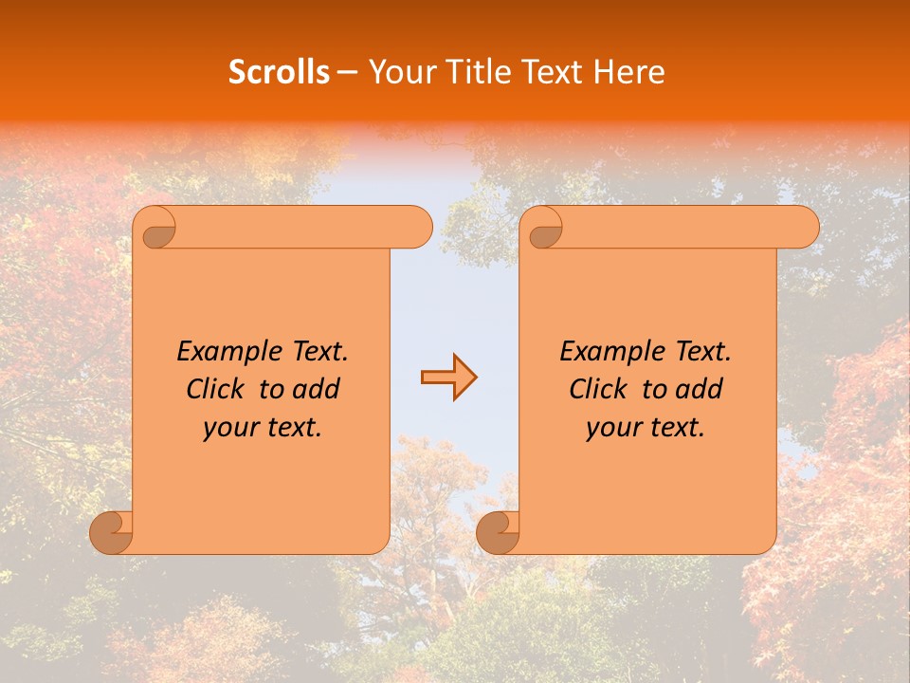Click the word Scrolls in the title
click(279, 72)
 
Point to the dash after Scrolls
click(347, 72)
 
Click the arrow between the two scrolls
click(448, 378)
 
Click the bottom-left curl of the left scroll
click(110, 533)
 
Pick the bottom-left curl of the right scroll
click(497, 533)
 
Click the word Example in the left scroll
click(220, 352)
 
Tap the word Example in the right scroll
click(603, 352)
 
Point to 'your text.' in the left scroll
click(263, 428)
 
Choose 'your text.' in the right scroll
click(646, 428)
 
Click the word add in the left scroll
click(316, 389)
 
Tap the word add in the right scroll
click(699, 389)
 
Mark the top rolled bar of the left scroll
click(303, 228)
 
